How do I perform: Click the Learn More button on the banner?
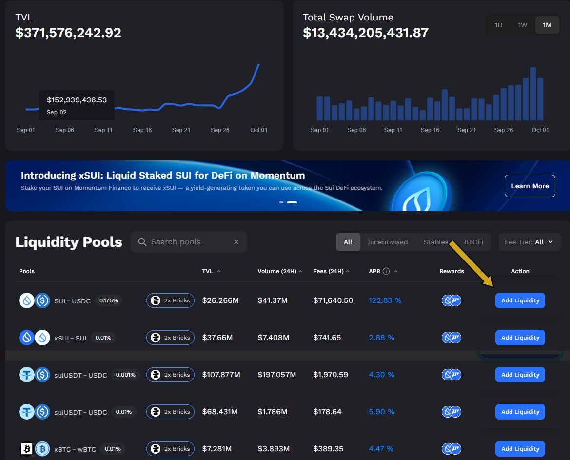(530, 186)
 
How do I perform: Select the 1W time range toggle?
(522, 25)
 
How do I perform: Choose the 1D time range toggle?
(498, 25)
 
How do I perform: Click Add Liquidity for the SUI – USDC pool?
(520, 300)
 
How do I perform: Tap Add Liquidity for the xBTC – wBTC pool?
(520, 449)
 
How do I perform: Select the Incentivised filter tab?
(388, 242)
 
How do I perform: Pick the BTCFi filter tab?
(473, 242)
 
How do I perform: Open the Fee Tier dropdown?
(530, 242)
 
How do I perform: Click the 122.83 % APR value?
(385, 300)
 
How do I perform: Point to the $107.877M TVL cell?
(221, 375)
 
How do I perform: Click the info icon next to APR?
(386, 271)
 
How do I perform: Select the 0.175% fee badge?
(108, 300)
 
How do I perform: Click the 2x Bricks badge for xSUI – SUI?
(170, 338)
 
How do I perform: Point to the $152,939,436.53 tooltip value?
(77, 100)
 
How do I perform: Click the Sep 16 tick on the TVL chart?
(142, 130)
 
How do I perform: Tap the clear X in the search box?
(236, 242)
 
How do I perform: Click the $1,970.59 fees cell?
(331, 375)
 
